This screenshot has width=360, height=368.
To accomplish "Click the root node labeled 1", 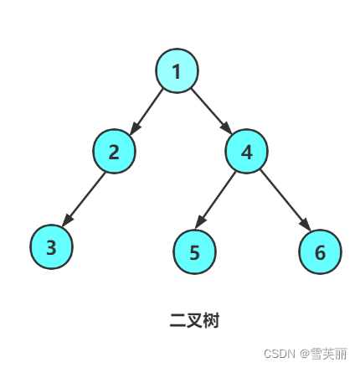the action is (x=177, y=70).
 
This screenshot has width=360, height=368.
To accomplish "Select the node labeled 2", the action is (x=114, y=151).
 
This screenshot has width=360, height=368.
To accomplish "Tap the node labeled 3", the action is (x=52, y=246).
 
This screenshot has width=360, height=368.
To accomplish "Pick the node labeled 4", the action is (x=246, y=151).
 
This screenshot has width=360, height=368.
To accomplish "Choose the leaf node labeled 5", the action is (x=194, y=251).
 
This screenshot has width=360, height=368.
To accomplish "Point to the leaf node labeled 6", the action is (x=320, y=251).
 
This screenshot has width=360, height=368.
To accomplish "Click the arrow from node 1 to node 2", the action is (x=147, y=111).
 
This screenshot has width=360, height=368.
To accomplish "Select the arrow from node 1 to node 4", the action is (x=211, y=111).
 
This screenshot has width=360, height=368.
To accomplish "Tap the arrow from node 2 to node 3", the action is (x=84, y=199).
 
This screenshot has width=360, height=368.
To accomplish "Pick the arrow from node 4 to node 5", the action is (x=215, y=200).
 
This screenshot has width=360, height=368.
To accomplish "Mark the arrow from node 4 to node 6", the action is (x=285, y=200).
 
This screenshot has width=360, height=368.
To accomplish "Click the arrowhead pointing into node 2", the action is (x=135, y=128).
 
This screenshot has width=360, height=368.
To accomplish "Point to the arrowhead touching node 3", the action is (x=67, y=220).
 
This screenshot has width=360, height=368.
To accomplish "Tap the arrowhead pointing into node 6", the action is (x=306, y=225).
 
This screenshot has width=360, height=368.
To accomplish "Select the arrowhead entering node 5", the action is (x=200, y=222).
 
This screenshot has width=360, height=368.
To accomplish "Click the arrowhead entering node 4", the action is (x=226, y=128).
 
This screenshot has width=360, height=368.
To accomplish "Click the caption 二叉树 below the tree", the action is (x=194, y=320).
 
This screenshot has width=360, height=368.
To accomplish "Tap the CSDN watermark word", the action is (x=280, y=354).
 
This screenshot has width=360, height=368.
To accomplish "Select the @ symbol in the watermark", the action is (x=305, y=354).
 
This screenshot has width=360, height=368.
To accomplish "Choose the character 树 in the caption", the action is (x=211, y=320).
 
